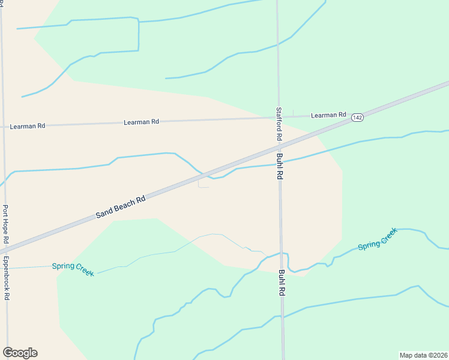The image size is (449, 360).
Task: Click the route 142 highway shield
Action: pos(357,118)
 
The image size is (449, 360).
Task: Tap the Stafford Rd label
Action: pos(279,124)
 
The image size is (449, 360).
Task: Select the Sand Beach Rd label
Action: pos(121,208)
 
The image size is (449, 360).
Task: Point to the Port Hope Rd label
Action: pos(5,224)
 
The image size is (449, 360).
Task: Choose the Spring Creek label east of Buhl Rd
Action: pos(378,239)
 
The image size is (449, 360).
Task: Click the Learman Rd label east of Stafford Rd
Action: pos(328,115)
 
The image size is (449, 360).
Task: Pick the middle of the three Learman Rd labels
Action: pos(141,122)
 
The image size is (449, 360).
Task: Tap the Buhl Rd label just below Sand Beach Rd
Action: pos(280,167)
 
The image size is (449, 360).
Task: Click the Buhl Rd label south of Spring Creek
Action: pos(282,283)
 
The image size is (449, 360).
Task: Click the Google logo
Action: pos(20,353)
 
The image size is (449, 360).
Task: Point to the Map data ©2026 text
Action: pos(423,355)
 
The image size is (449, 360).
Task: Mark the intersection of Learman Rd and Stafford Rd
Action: pos(279,118)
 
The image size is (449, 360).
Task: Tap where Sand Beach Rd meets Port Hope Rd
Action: pos(5,247)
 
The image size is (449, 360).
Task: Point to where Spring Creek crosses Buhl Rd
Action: pos(282,253)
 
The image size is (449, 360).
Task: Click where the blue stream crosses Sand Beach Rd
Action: pos(208,177)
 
